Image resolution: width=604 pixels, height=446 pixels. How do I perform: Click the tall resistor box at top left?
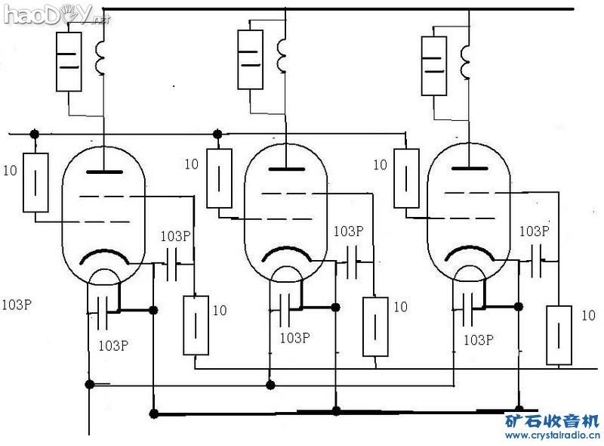[69, 61]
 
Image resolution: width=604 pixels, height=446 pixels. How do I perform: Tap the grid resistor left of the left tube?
[35, 182]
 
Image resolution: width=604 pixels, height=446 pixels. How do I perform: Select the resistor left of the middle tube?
[219, 178]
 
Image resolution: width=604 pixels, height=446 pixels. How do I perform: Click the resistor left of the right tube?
[406, 178]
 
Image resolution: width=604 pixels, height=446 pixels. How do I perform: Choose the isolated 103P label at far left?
[17, 305]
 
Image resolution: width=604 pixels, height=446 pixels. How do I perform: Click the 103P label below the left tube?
[113, 345]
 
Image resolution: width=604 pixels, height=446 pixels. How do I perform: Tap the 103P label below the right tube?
[478, 339]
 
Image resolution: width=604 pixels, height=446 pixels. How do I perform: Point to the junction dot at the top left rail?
[33, 134]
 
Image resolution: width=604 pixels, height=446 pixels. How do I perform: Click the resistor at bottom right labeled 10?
[559, 334]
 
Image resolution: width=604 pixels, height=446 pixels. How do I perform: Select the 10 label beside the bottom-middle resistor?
[400, 307]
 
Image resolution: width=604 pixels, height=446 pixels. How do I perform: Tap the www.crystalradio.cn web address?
[553, 436]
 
